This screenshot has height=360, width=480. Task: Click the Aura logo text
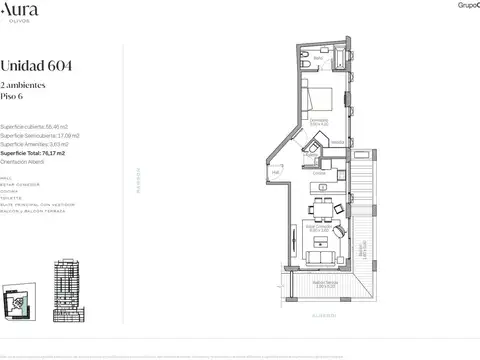tap(20, 8)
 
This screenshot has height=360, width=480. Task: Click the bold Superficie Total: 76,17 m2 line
tap(42, 154)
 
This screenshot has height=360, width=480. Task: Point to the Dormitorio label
tap(319, 122)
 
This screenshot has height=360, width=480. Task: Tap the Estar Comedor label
tap(320, 231)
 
